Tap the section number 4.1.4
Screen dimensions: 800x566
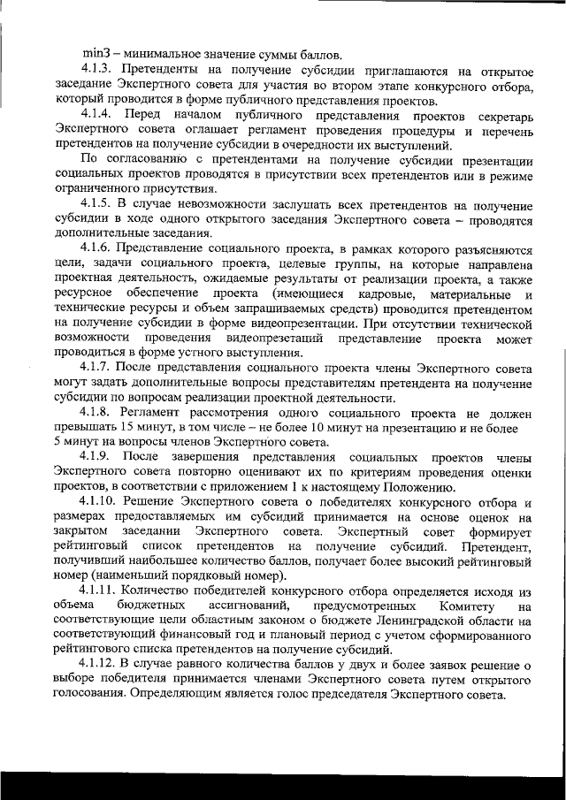[x=97, y=116]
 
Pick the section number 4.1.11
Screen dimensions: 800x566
[x=100, y=591]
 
